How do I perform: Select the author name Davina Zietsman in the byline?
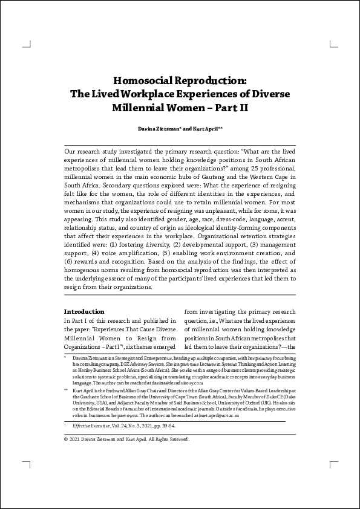coord(158,128)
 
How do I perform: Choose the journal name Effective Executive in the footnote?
coord(91,426)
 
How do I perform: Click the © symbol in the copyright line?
coord(66,439)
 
